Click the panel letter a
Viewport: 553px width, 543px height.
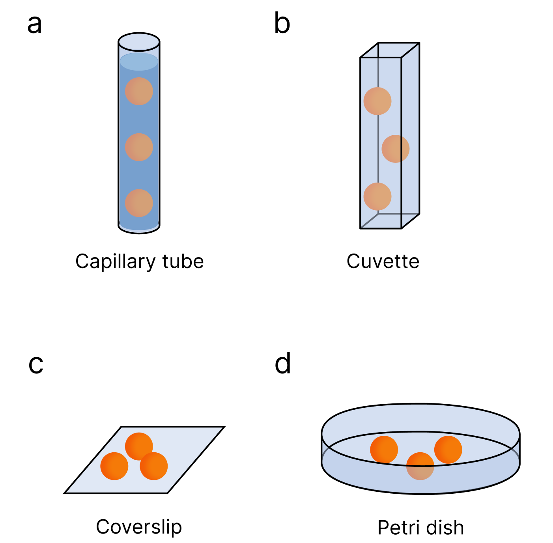35,24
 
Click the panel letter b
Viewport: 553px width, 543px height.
282,24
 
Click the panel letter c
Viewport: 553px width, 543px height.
36,364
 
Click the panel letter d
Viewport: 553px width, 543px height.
283,364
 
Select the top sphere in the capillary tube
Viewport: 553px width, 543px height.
139,91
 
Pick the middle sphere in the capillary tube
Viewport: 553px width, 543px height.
139,147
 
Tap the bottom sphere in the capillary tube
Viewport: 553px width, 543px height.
139,203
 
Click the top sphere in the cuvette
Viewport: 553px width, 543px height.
377,101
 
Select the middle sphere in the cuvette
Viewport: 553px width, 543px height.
395,149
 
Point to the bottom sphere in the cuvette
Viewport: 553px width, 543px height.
377,196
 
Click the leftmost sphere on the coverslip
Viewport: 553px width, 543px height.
114,466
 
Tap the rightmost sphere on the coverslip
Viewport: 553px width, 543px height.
154,466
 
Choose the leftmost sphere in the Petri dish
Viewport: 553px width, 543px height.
384,450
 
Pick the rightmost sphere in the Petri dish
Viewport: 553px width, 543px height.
448,450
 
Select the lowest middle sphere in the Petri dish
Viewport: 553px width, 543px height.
420,466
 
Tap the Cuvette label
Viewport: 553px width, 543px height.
383,261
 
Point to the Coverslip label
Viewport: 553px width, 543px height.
139,527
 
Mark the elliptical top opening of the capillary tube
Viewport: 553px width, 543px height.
139,42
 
